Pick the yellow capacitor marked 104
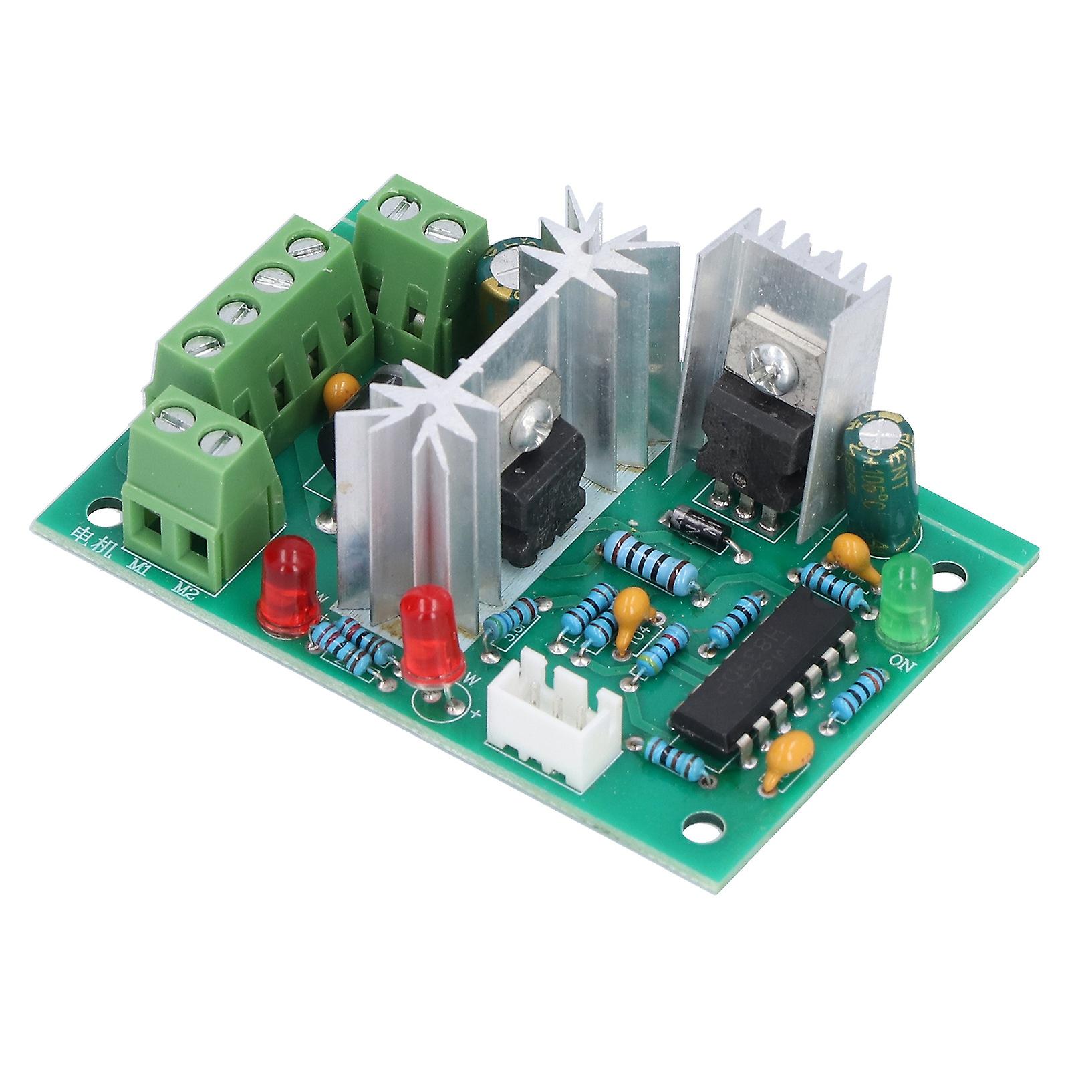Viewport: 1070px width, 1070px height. [630, 607]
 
